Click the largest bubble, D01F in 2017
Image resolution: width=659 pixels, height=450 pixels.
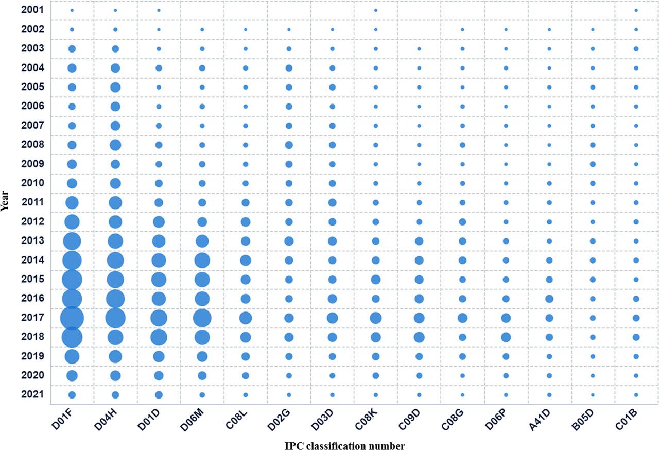(x=72, y=318)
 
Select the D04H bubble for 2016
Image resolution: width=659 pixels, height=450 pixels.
(x=115, y=299)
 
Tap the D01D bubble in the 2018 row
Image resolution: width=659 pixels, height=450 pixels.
(x=159, y=337)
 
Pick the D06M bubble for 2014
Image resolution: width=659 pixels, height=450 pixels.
(x=202, y=261)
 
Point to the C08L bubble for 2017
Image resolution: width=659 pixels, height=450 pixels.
(x=246, y=318)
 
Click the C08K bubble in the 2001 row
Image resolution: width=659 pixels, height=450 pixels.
(x=376, y=10)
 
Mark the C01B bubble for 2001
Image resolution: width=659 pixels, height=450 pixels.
(x=636, y=10)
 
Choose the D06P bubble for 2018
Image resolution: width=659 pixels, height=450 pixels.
(x=506, y=337)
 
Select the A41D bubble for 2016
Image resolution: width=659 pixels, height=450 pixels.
(x=549, y=299)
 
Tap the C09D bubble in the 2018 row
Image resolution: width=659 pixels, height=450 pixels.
(x=419, y=337)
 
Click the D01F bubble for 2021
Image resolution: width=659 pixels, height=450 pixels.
(x=72, y=395)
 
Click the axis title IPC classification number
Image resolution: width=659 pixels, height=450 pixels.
(x=344, y=445)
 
